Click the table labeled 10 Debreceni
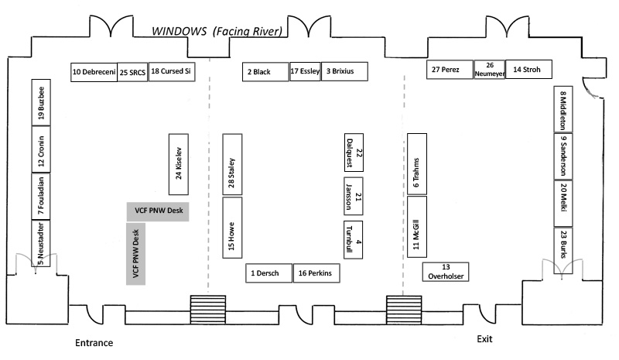pyautogui.click(x=94, y=72)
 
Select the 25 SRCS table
pyautogui.click(x=132, y=73)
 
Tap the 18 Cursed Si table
pyautogui.click(x=171, y=72)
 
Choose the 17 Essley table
pyautogui.click(x=305, y=72)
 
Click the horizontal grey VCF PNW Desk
pyautogui.click(x=158, y=211)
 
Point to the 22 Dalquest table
pyautogui.click(x=354, y=153)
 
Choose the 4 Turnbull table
pyautogui.click(x=354, y=241)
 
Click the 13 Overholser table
pyautogui.click(x=446, y=271)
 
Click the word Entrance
pyautogui.click(x=94, y=343)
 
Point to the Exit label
pyautogui.click(x=484, y=339)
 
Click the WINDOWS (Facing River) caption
pyautogui.click(x=217, y=31)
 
